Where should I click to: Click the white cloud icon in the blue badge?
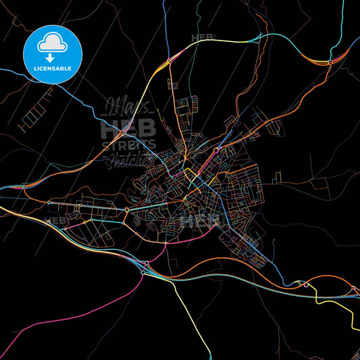click(x=52, y=41)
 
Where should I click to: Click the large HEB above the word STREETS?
click(x=128, y=127)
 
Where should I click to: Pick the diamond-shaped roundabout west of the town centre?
click(x=127, y=210)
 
